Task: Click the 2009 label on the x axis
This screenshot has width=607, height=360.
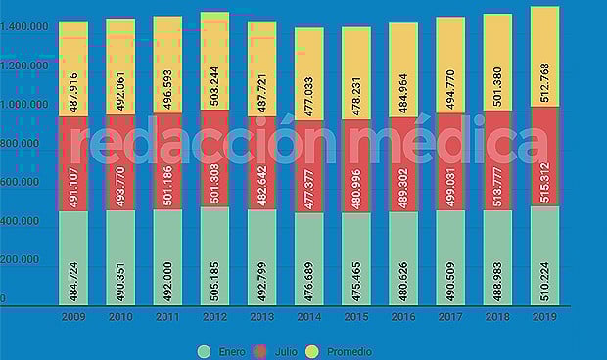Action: [x=72, y=317]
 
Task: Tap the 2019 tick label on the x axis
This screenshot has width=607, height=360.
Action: [x=545, y=317]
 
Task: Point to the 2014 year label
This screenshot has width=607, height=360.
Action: [x=309, y=317]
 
